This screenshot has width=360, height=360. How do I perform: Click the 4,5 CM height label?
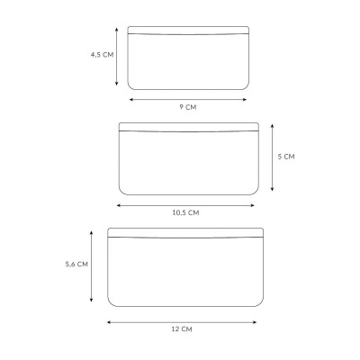tap(103, 55)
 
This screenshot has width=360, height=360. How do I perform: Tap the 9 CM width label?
tap(188, 107)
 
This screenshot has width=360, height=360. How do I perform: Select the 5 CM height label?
tap(286, 157)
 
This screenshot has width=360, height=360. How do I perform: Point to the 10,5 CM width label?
tap(185, 212)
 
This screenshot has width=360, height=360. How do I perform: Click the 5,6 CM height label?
tap(76, 265)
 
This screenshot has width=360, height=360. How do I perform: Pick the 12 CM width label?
tap(182, 329)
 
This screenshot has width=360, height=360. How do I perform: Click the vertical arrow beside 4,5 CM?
tap(117, 57)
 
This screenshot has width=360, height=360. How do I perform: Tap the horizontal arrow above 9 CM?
tap(188, 100)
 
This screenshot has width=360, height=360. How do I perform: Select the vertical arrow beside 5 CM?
tap(272, 157)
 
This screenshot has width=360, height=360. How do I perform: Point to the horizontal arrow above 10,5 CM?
tap(185, 205)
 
